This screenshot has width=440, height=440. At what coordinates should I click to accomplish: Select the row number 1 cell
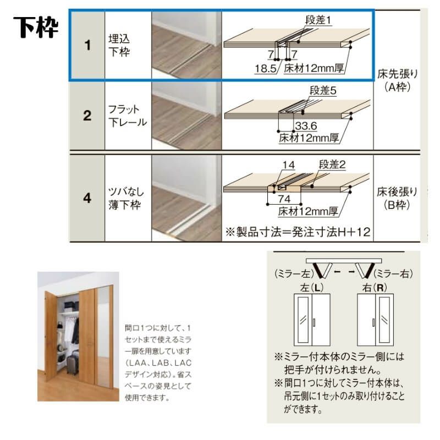pos(86,45)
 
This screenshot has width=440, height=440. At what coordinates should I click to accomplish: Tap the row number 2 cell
pos(86,116)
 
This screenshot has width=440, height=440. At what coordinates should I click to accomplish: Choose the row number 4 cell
pos(86,198)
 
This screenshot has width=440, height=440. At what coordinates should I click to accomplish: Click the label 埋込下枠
pos(120,46)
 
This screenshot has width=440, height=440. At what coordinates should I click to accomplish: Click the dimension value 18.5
pos(266,69)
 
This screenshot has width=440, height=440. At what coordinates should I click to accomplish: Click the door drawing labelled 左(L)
pos(311,319)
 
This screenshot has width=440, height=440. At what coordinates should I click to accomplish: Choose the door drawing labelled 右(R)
pos(375,319)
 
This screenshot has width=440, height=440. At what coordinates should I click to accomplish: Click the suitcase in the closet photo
pos(71,364)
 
